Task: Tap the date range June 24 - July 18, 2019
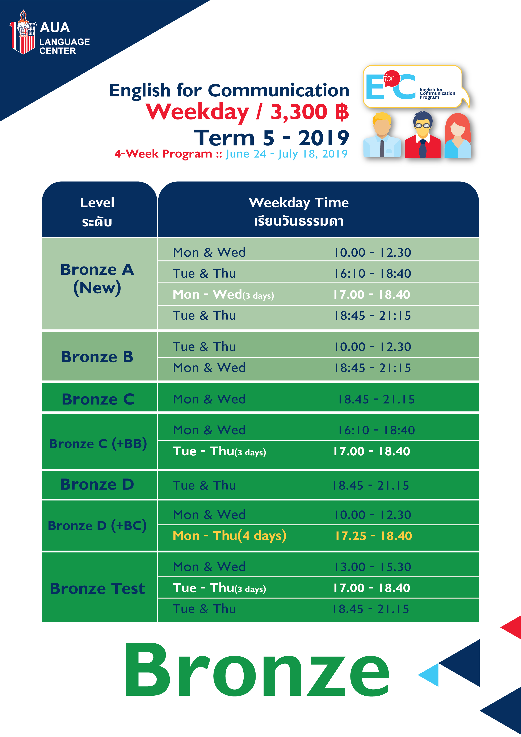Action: pyautogui.click(x=287, y=154)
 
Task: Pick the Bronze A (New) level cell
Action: pyautogui.click(x=97, y=279)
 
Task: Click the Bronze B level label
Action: pyautogui.click(x=97, y=357)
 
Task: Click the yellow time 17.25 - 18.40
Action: pyautogui.click(x=373, y=536)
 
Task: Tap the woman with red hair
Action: pyautogui.click(x=458, y=135)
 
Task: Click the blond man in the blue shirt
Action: pyautogui.click(x=382, y=135)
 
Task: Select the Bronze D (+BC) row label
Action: pyautogui.click(x=97, y=525)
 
